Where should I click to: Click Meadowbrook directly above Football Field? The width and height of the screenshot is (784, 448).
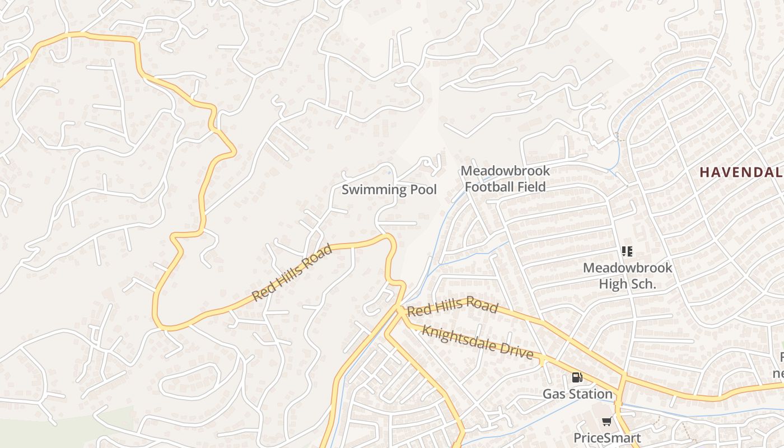(505, 171)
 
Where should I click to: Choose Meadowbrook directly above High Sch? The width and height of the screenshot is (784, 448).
(627, 268)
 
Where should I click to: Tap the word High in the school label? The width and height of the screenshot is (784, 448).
(613, 284)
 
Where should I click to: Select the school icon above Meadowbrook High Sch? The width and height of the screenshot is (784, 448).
(627, 251)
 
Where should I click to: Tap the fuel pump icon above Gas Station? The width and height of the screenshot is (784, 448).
(577, 377)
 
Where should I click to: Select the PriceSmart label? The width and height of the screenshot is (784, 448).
(606, 437)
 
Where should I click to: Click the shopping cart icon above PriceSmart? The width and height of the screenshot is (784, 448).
(606, 422)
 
